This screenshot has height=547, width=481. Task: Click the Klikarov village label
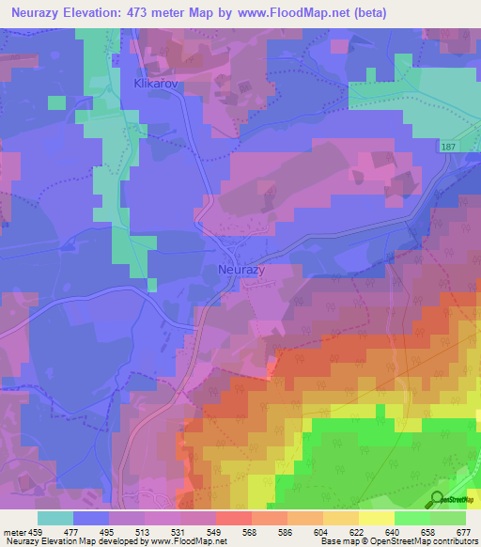pyautogui.click(x=149, y=83)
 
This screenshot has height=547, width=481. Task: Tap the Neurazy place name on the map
pyautogui.click(x=241, y=269)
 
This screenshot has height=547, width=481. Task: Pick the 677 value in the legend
pyautogui.click(x=462, y=532)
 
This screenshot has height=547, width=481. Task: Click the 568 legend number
pyautogui.click(x=251, y=532)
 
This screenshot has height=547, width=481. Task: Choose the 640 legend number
pyautogui.click(x=392, y=532)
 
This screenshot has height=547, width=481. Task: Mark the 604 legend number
pyautogui.click(x=320, y=532)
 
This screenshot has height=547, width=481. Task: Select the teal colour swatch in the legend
pyautogui.click(x=54, y=518)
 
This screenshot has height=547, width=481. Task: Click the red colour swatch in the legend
pyautogui.click(x=233, y=518)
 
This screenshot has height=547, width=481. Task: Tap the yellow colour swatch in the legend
pyautogui.click(x=376, y=518)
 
